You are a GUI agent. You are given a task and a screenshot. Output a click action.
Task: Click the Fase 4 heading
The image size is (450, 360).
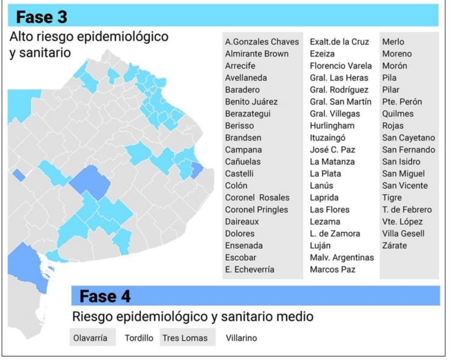pos(105,297)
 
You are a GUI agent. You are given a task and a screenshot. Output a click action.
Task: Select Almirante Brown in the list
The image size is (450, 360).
pos(257,54)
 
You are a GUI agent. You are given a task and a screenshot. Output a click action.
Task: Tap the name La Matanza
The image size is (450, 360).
pos(332,162)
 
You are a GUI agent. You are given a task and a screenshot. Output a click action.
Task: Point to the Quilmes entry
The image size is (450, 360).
pos(398,114)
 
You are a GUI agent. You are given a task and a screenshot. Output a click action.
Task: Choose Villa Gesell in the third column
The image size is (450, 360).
pos(403,234)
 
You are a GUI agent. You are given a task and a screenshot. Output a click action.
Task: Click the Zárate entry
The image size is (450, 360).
pos(395,246)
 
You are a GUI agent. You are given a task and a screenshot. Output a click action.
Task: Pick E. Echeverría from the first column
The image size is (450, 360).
pos(249,269)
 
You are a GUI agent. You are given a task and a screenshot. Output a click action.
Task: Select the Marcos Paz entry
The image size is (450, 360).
pos(332,269)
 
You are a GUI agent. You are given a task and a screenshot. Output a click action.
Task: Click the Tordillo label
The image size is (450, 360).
pos(139,338)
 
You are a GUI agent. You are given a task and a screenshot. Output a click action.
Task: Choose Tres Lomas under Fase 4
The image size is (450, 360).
pos(185,338)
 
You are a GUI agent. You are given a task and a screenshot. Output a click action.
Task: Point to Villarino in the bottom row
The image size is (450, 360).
pos(241,338)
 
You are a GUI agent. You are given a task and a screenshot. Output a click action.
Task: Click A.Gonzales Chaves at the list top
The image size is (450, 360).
pos(262,42)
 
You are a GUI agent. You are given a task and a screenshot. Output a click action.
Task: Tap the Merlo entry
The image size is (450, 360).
pos(393,42)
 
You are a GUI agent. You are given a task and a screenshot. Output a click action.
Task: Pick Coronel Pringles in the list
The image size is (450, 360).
pos(257,210)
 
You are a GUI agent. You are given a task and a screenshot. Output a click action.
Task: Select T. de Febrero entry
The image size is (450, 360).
pos(406,210)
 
